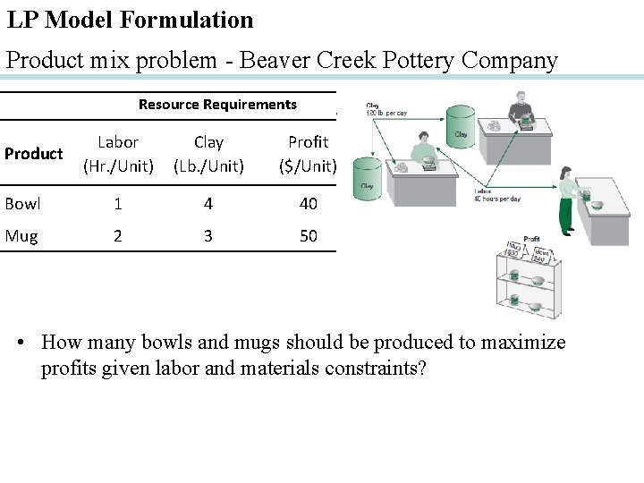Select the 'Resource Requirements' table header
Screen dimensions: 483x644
pyautogui.click(x=217, y=105)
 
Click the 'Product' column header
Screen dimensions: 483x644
pyautogui.click(x=33, y=154)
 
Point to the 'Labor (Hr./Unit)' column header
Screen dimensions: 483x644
pyautogui.click(x=118, y=154)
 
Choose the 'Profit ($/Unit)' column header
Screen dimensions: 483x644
pyautogui.click(x=308, y=154)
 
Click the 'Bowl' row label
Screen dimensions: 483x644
pyautogui.click(x=22, y=204)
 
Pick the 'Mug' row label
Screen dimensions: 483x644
pyautogui.click(x=21, y=236)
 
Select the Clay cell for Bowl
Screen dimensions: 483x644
pyautogui.click(x=208, y=204)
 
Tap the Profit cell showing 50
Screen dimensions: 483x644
pyautogui.click(x=308, y=236)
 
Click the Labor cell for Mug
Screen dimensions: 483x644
pyautogui.click(x=118, y=236)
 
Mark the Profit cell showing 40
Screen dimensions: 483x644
pyautogui.click(x=308, y=204)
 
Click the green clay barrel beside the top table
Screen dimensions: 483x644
pyautogui.click(x=461, y=130)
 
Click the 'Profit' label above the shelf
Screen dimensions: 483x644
pyautogui.click(x=531, y=239)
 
